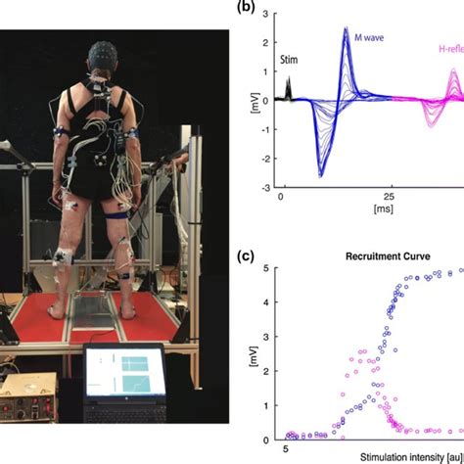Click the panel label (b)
[x=247, y=7]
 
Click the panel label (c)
[x=247, y=258]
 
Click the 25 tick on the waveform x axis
[x=390, y=197]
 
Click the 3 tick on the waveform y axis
[x=266, y=15]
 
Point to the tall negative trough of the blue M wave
[x=320, y=173]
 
